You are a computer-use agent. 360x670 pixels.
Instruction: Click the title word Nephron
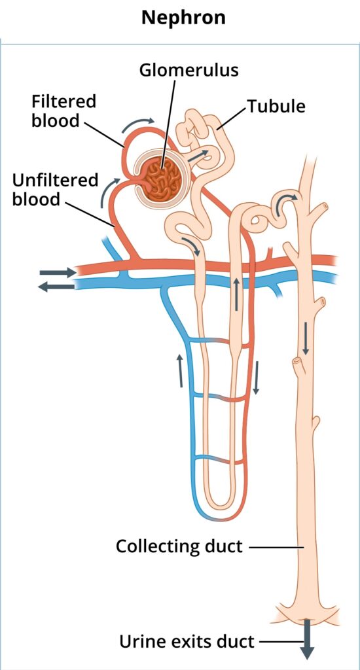(x=183, y=18)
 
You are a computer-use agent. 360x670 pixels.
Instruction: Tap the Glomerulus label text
(x=189, y=70)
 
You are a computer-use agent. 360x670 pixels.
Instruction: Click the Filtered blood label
(x=63, y=111)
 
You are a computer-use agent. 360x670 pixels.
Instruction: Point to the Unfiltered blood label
(x=55, y=189)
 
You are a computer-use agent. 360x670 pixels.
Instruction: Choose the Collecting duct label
(x=179, y=546)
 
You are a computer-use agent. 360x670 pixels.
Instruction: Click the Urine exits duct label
(x=187, y=641)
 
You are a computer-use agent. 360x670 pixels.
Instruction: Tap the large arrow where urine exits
(x=307, y=639)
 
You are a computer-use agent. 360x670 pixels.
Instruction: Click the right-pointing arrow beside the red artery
(x=58, y=272)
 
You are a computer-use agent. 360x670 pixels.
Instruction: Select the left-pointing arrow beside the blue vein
(x=56, y=287)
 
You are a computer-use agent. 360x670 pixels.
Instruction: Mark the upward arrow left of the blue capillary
(x=181, y=370)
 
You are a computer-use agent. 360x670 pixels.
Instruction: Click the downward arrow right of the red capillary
(x=256, y=378)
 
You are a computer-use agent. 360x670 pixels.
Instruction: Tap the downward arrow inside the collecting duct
(x=306, y=338)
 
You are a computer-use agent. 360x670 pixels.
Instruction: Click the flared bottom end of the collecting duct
(x=306, y=610)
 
